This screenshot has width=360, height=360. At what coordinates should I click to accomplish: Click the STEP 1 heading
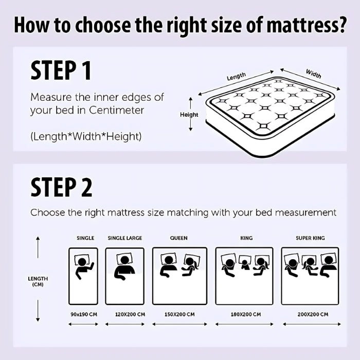pos(61,70)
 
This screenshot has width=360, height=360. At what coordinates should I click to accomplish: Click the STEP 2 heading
pos(61,188)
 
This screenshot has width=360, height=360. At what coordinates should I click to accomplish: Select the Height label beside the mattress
pos(189,115)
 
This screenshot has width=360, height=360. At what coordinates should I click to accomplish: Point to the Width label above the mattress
pos(313,74)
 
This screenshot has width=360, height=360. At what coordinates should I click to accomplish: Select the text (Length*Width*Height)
pos(86,136)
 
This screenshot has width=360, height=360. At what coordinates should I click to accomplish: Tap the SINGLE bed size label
pos(85,238)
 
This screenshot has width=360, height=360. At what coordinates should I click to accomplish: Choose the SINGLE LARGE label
pos(124,238)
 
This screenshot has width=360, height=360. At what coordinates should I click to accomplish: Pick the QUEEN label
pos(179,238)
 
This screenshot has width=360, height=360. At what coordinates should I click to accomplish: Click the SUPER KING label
pos(310,238)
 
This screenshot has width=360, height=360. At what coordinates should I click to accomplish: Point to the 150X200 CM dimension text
pos(179,314)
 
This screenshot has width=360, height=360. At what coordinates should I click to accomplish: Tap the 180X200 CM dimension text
pos(246,314)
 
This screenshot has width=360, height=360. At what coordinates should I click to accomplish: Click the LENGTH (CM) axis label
pos(38,281)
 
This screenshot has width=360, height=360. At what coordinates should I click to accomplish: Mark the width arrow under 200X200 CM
pos(310,324)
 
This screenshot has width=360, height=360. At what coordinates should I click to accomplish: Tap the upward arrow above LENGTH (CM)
pos(38,247)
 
